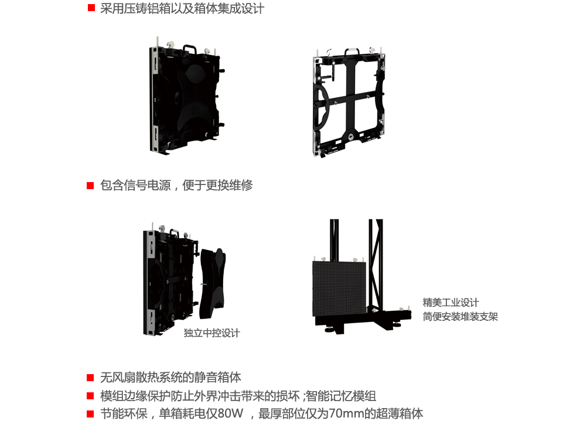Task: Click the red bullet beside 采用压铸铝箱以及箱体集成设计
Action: [x=91, y=9]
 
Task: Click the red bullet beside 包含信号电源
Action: [x=91, y=186]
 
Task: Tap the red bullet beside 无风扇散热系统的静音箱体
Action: [x=91, y=378]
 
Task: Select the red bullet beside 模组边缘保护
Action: [x=91, y=396]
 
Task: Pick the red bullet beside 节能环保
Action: [x=91, y=413]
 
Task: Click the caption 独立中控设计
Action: [x=211, y=333]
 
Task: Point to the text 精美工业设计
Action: [x=451, y=303]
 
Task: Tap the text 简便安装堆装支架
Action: [x=460, y=317]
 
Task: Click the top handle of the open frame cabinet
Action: [x=351, y=52]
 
